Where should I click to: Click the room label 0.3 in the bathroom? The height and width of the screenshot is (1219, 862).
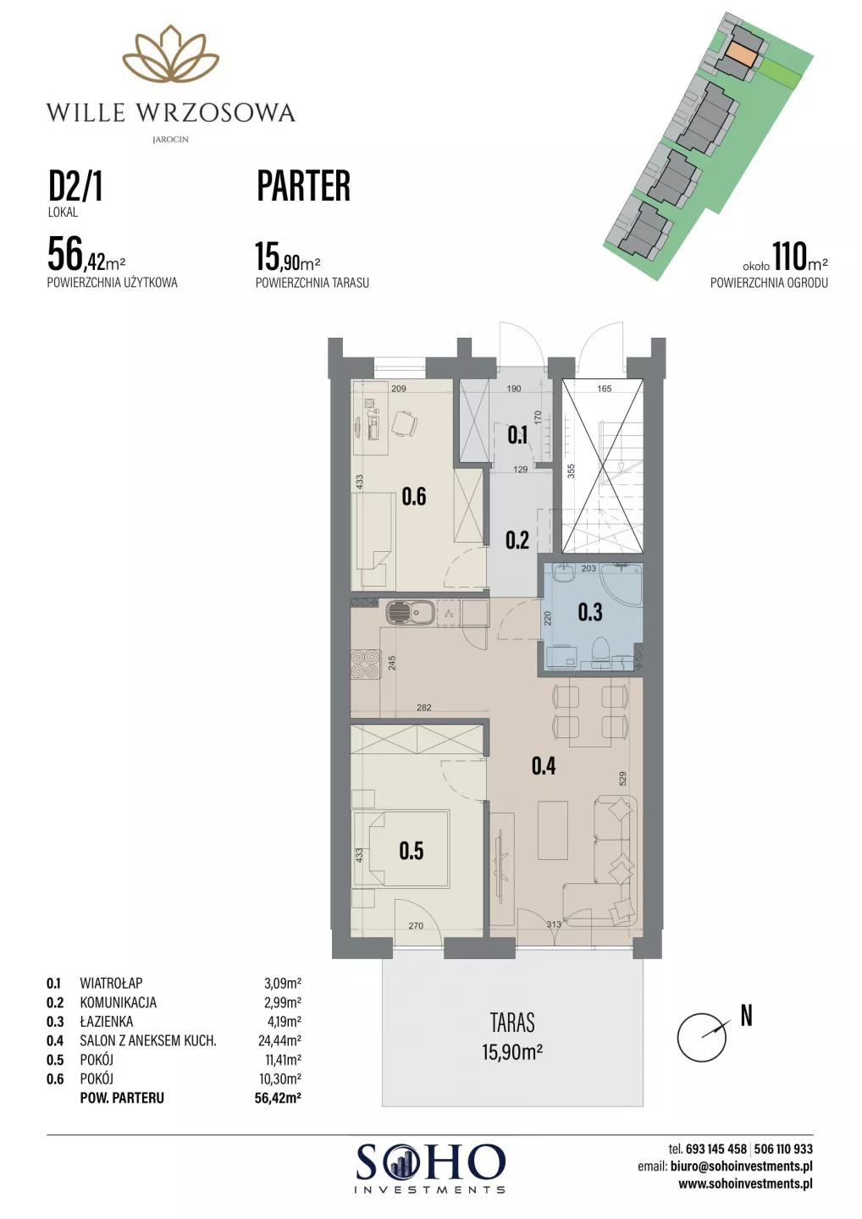click(x=590, y=612)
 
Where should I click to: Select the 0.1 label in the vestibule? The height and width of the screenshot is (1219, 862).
click(x=517, y=435)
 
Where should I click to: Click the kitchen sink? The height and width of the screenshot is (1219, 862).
click(x=409, y=613)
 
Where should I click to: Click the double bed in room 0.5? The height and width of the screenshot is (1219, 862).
click(x=401, y=850)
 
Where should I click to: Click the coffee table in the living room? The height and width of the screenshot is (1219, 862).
click(x=553, y=830)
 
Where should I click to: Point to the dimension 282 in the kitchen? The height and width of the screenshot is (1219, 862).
click(x=424, y=708)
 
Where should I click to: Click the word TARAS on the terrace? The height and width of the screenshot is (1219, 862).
click(x=512, y=1023)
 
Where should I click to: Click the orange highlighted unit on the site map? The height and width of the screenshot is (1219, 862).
click(x=742, y=54)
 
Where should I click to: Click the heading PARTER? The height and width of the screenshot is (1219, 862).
click(x=304, y=186)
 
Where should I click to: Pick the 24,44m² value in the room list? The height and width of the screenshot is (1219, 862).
click(x=279, y=1040)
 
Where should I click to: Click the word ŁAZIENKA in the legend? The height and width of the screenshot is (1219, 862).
click(x=107, y=1022)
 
